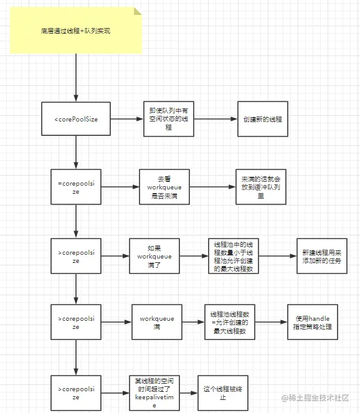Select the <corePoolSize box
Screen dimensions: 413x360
tap(75, 118)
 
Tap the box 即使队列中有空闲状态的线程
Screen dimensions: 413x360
tap(168, 118)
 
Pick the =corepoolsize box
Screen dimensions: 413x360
tap(75, 186)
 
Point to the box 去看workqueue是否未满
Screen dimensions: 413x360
tap(164, 186)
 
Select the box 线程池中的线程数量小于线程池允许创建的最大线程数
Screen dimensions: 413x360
tap(234, 256)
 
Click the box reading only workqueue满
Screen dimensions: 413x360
tap(156, 321)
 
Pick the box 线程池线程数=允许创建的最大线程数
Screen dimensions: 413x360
tap(229, 321)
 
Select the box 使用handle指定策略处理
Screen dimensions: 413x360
tap(313, 321)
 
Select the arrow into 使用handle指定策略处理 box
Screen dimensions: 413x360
tap(270, 321)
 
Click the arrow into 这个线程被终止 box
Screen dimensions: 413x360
tap(187, 392)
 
